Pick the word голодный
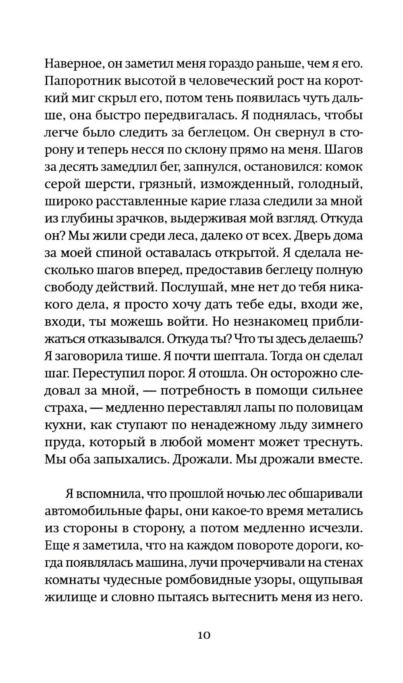pyautogui.click(x=332, y=184)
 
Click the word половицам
pyautogui.click(x=326, y=408)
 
